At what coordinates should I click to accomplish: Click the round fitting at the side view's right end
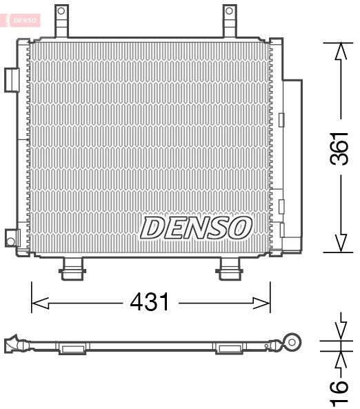click(x=294, y=341)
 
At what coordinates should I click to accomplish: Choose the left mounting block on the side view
click(x=71, y=348)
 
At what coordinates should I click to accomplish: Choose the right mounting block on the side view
click(x=228, y=348)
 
